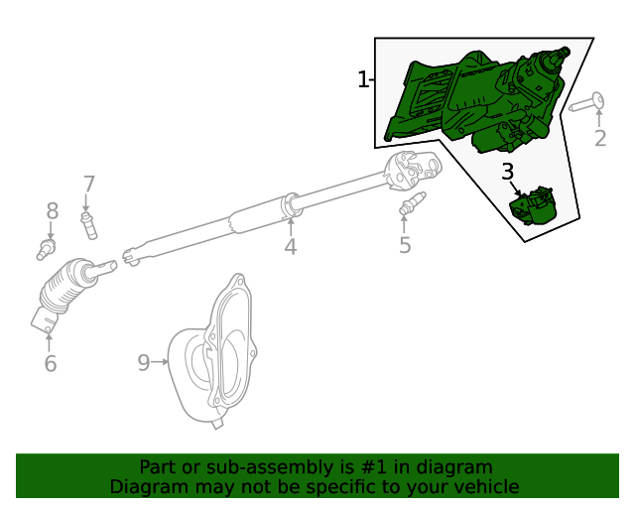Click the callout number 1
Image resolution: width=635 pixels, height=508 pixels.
pos(363,79)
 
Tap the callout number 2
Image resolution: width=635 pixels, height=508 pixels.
pos(599,138)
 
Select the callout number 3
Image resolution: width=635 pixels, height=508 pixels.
pos(507,172)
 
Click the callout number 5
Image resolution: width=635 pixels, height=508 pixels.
pos(405,245)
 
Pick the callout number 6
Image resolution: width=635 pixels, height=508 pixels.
pos(51,363)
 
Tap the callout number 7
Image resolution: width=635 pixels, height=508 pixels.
pos(88,184)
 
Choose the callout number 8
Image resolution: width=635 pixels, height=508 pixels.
pos(52,210)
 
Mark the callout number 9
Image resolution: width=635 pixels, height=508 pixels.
pos(144,362)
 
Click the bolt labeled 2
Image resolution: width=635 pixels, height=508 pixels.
pos(588,103)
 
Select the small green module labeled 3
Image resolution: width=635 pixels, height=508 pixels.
pos(533,205)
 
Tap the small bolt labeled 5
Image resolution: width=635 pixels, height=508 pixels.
pos(409,208)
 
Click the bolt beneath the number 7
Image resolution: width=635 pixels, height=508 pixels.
pos(90,223)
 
